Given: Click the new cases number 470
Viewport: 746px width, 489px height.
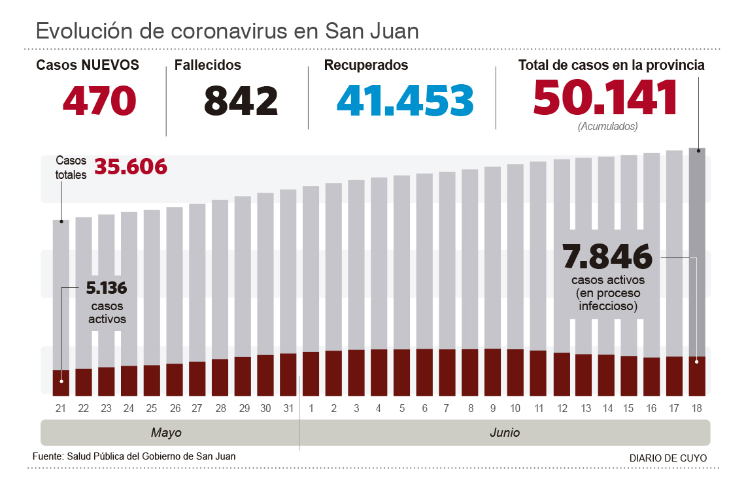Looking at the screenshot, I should coord(99,101).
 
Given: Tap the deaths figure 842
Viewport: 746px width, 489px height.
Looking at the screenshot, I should coord(241,101).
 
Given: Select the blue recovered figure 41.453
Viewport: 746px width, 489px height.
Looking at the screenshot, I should coord(405,101).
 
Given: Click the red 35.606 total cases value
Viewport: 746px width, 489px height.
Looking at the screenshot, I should coord(131,167).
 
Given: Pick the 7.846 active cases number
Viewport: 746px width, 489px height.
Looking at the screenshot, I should coord(608,257).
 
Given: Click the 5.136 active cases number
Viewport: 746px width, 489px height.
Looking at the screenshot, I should coord(107,288).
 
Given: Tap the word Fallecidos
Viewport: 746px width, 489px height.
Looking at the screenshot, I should coord(208,65).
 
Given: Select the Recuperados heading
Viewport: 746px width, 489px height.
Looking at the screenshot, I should coord(366,65).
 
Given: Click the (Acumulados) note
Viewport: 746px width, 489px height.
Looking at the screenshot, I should coord(607,127).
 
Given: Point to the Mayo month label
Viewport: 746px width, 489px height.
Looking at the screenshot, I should coord(166,433).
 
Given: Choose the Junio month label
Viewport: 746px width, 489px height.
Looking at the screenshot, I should coord(505,433).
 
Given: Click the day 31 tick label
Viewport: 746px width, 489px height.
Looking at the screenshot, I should coord(288,409).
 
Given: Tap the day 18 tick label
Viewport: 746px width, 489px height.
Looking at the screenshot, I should coord(697,409).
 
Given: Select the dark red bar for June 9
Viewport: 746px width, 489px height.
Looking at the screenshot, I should coord(492,372).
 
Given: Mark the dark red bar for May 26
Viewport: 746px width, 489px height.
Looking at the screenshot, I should coord(175,379).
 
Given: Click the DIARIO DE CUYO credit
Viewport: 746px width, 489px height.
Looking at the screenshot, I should coord(668,458).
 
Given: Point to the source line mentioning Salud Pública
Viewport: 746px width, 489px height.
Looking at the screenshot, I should coord(134,456).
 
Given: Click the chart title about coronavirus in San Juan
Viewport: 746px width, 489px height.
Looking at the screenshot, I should coord(228,31).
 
